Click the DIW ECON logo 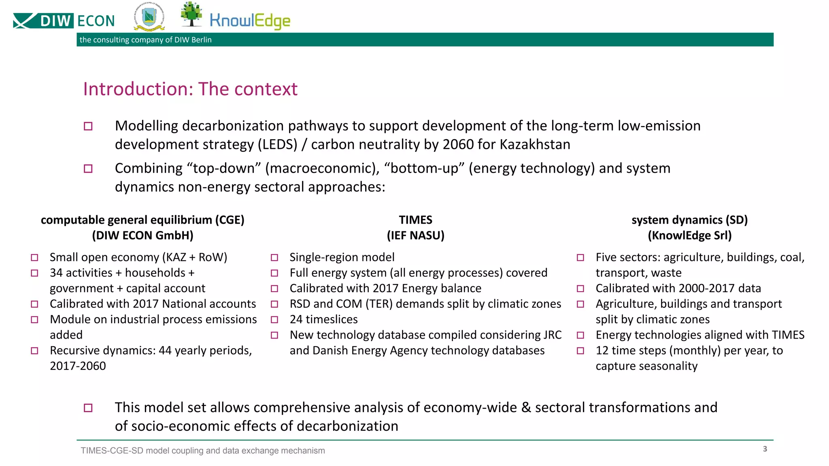[x=64, y=21]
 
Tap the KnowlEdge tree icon [x=191, y=14]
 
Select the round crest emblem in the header [x=149, y=18]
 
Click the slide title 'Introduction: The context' [x=190, y=89]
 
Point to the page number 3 [x=765, y=449]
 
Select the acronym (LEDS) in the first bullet [x=278, y=144]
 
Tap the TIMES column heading [x=415, y=220]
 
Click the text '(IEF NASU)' [x=415, y=235]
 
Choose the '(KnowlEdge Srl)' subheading [x=689, y=235]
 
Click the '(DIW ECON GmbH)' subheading [x=142, y=235]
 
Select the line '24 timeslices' [x=323, y=320]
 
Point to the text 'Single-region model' [x=342, y=257]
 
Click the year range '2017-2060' [x=78, y=366]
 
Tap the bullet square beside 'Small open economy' [x=34, y=258]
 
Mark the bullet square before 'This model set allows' [x=88, y=408]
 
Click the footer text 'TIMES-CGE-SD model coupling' [x=202, y=451]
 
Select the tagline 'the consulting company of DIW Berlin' [x=145, y=40]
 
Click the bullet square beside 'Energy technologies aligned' [x=580, y=335]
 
